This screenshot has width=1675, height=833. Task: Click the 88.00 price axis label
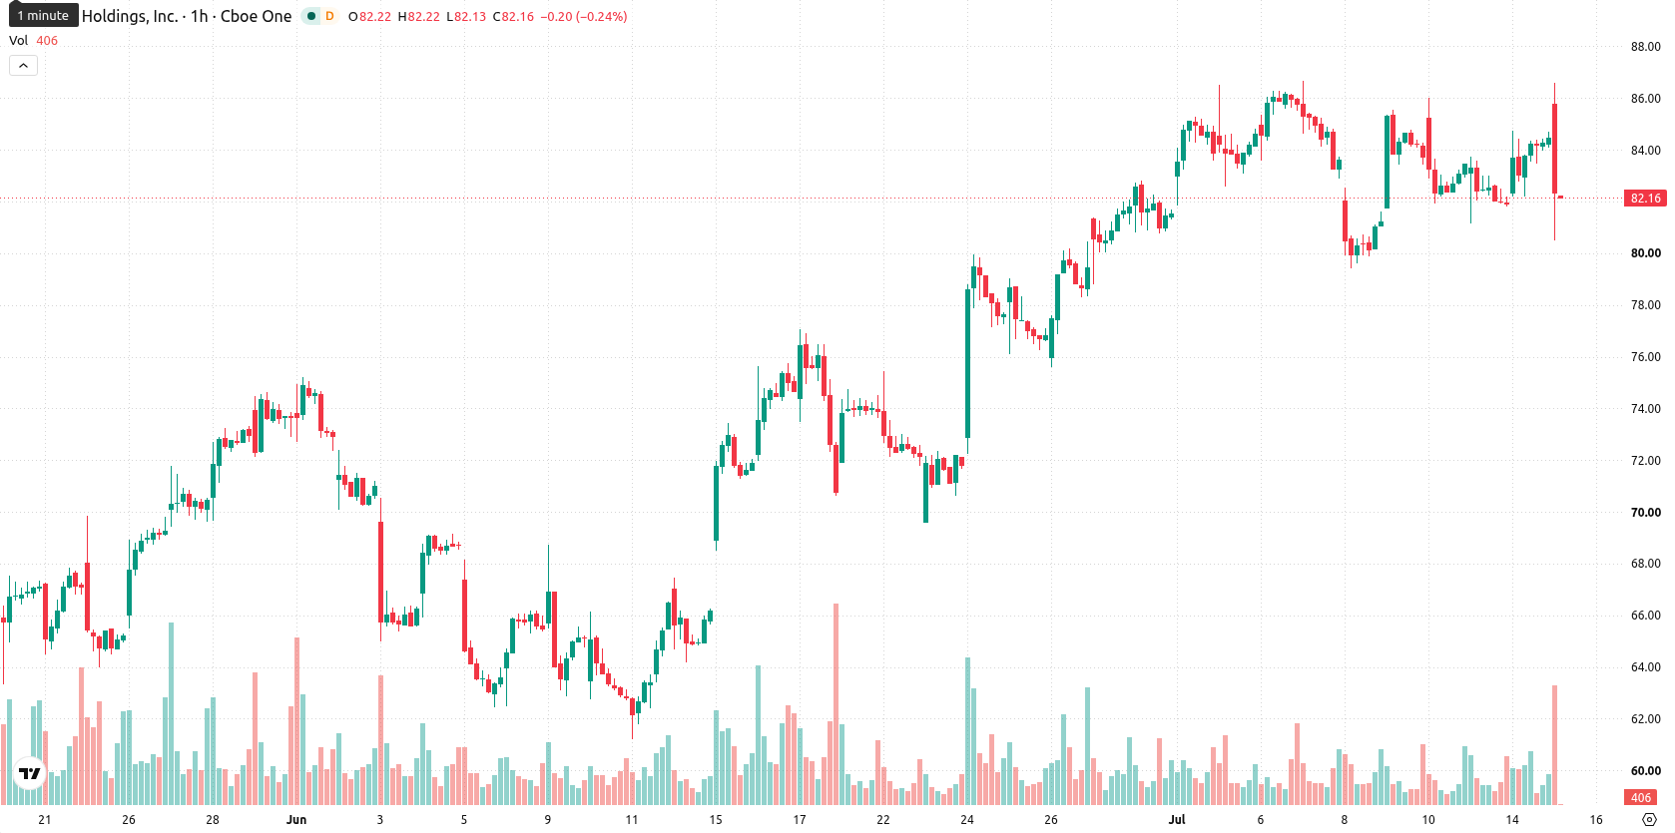[x=1645, y=47]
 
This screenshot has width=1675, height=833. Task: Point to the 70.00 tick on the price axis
[x=1645, y=513]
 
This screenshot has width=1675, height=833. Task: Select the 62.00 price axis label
[x=1645, y=719]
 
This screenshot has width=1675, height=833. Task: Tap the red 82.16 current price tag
[x=1645, y=198]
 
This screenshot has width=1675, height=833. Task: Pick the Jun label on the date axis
[x=296, y=820]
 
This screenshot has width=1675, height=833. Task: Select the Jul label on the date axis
[x=1177, y=820]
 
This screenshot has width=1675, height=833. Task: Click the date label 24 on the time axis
[x=967, y=820]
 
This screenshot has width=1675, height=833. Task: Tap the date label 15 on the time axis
[x=716, y=820]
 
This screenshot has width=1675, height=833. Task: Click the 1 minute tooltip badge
[x=43, y=15]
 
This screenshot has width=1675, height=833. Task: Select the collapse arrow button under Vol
[x=23, y=66]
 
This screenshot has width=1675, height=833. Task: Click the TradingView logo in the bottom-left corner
[x=30, y=773]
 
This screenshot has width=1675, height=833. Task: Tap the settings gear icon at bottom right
[x=1650, y=820]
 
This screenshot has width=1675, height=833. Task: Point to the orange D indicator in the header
[x=329, y=16]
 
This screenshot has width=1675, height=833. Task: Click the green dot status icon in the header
[x=311, y=16]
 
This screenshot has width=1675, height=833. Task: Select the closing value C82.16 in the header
[x=513, y=16]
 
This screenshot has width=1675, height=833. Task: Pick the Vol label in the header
[x=18, y=40]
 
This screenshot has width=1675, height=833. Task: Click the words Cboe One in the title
[x=256, y=16]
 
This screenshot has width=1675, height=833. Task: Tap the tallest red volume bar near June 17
[x=837, y=703]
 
